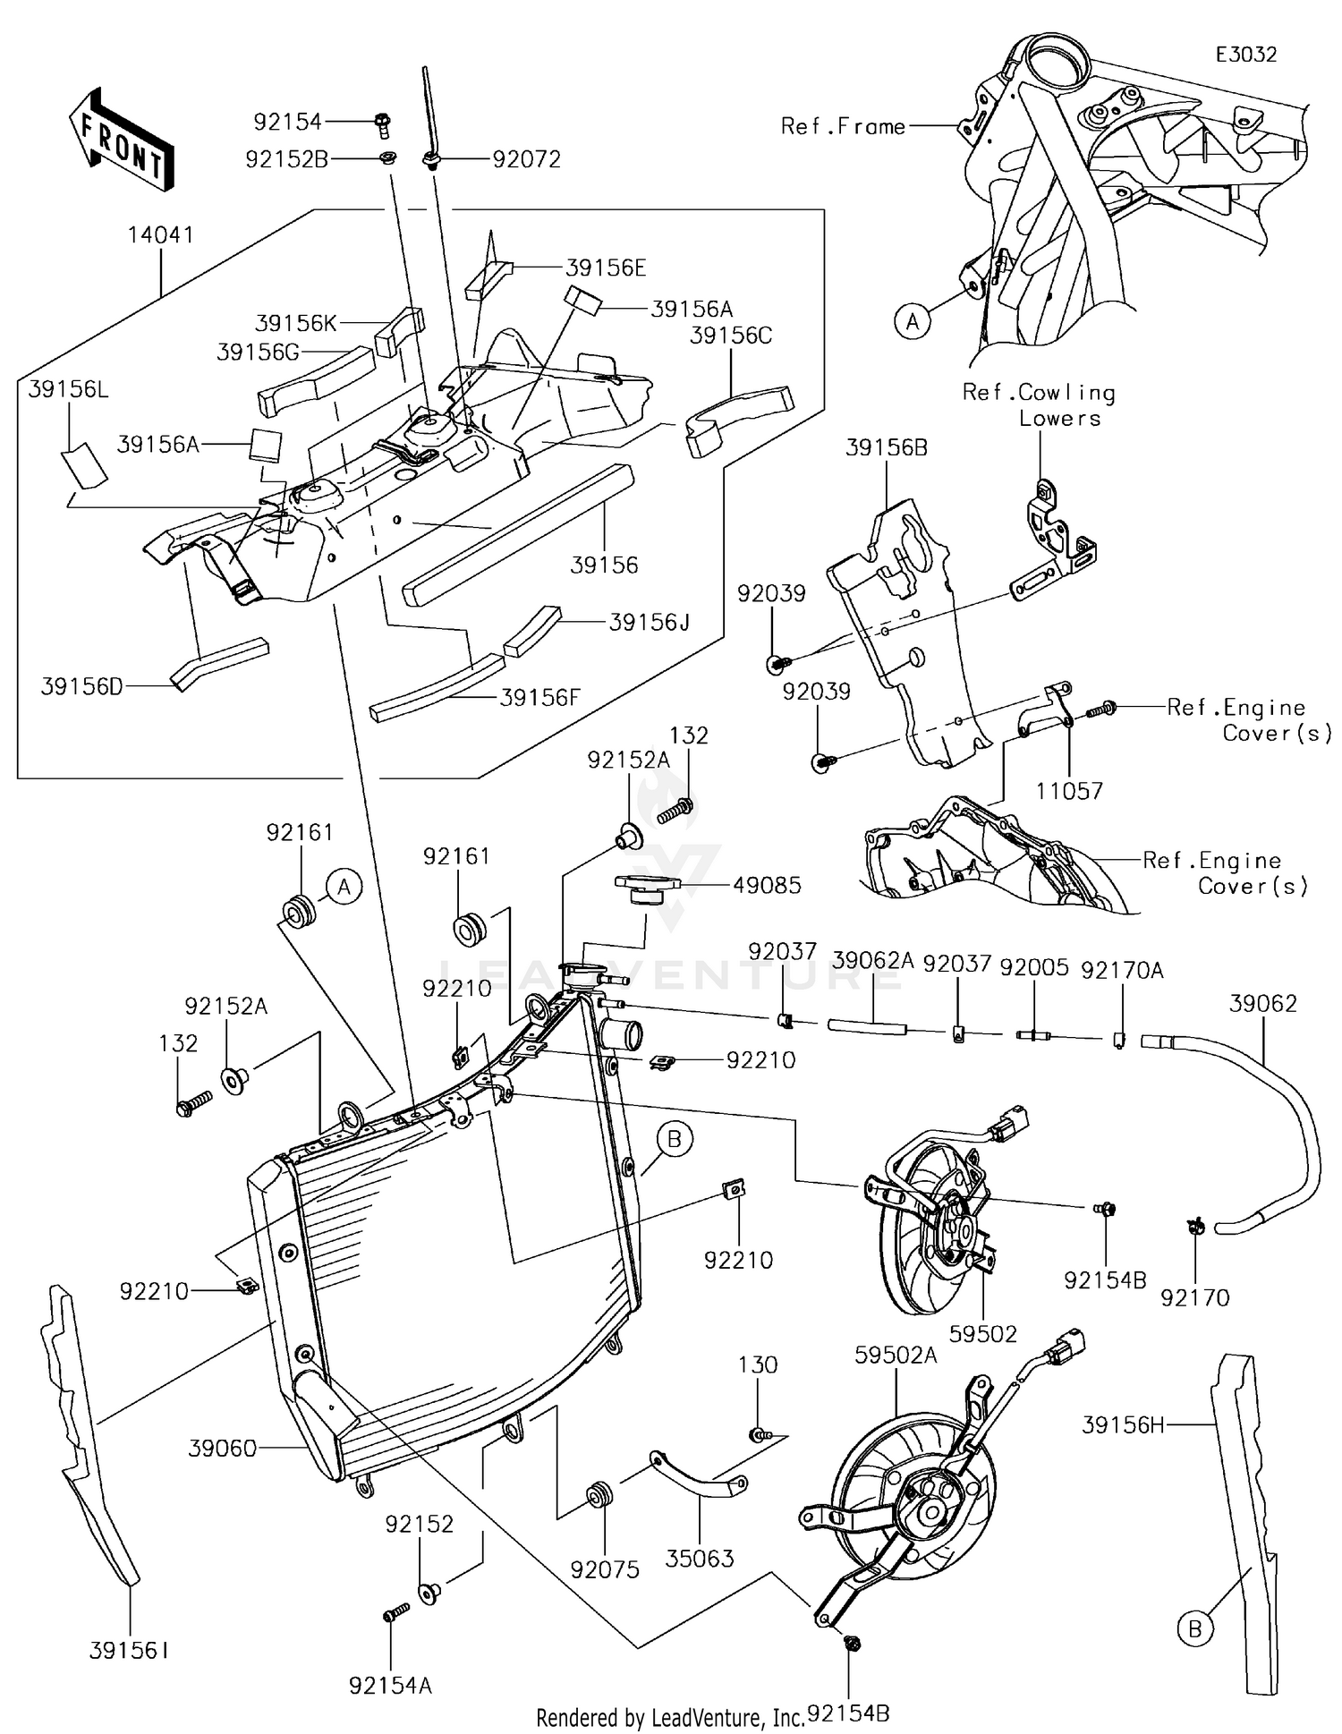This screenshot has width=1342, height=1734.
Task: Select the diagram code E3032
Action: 1246,55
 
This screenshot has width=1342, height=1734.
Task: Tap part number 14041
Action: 161,235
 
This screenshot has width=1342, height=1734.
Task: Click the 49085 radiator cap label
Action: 767,885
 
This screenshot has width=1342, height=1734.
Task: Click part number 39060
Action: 223,1448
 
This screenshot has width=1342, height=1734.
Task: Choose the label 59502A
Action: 896,1356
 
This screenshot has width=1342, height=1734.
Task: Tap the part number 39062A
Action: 873,961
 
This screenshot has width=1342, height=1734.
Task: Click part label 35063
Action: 700,1558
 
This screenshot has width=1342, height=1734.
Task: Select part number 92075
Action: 606,1568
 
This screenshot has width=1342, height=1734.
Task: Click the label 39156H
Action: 1123,1425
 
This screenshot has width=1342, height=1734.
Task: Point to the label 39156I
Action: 129,1651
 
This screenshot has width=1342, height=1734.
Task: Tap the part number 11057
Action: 1069,791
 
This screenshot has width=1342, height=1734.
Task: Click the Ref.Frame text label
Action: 843,126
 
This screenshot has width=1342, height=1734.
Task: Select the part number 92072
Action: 527,159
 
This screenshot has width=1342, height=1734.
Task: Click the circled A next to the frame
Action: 913,320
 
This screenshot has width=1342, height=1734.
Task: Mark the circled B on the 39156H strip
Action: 1194,1630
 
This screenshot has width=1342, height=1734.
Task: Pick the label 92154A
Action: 391,1686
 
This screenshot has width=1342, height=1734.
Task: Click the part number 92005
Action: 1034,967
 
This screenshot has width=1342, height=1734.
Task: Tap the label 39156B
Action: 887,447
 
